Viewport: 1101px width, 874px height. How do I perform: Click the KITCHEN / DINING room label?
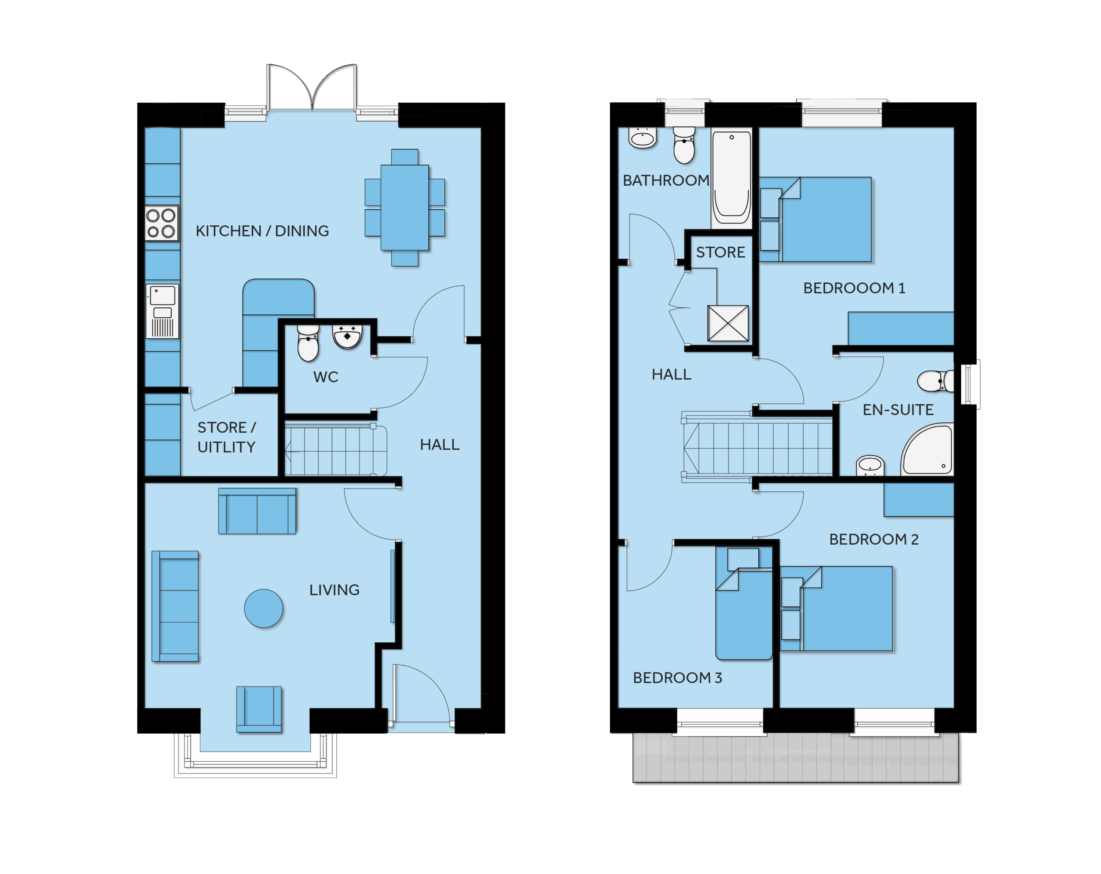(262, 231)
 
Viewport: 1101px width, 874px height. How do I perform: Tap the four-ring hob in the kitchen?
(161, 223)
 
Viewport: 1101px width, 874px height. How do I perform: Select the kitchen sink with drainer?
(163, 311)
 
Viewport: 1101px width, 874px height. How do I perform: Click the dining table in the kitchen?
(404, 207)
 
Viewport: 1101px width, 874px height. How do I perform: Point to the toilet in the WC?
(308, 343)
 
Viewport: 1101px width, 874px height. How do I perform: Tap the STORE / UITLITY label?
(227, 437)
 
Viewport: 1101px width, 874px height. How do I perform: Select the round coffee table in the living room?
(264, 609)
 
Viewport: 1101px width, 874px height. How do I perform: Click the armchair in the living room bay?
(259, 709)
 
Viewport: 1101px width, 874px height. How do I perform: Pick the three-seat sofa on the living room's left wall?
(175, 606)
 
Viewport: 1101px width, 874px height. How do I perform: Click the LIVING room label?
(335, 590)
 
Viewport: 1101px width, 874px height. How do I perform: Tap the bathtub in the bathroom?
(732, 177)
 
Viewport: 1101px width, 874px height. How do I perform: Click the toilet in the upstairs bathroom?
(684, 145)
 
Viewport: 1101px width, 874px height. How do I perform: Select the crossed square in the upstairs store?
(728, 323)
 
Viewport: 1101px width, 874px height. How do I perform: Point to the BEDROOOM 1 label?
(854, 288)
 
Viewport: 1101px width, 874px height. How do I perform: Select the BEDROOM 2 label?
(874, 540)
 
